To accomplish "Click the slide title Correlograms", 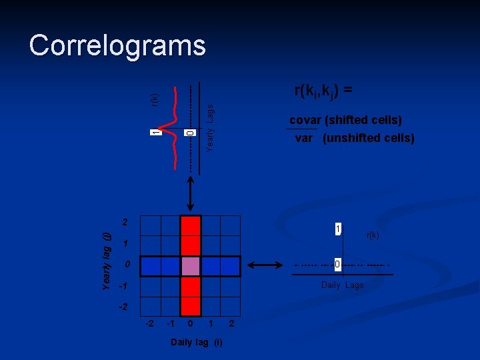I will coord(117,46).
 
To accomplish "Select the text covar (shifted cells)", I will coord(345,121).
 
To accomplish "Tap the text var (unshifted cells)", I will coord(355,139).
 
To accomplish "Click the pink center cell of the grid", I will coord(191,267).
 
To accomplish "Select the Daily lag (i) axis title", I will coord(197,343).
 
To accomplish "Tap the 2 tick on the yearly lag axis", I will coord(124,221).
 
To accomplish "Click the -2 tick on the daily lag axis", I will coord(151,324).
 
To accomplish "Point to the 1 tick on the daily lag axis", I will coord(211,324).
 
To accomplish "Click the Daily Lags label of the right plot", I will coord(343,285).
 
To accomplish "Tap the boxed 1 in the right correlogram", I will coord(338,229).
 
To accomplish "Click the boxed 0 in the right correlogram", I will coord(338,265).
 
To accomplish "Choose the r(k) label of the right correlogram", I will coord(373,235).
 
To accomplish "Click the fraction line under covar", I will coord(301,129).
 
